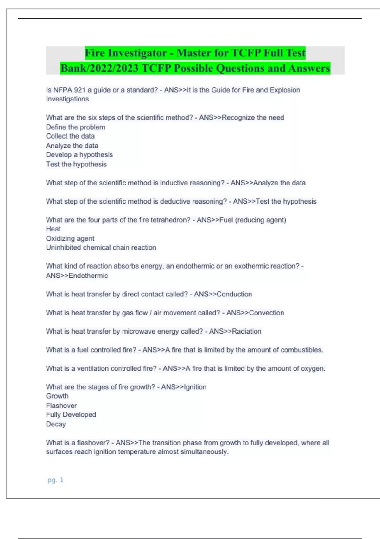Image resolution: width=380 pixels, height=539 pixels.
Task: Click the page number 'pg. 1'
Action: pos(55,480)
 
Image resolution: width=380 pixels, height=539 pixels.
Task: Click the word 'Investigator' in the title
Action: pos(137,53)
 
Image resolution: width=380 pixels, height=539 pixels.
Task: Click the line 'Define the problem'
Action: pos(75,127)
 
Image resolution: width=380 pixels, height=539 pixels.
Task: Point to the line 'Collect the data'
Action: pos(70,136)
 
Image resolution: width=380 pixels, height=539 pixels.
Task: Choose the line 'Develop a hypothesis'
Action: pos(79,155)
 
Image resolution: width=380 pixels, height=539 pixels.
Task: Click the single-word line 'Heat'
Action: pos(53,229)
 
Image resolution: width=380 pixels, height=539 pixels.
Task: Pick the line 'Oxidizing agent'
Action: pos(70,238)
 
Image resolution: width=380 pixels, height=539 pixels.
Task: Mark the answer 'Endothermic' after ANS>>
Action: pos(88,276)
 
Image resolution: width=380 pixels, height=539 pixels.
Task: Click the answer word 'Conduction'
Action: pos(234,294)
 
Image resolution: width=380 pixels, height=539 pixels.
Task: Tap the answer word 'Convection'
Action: pos(267,313)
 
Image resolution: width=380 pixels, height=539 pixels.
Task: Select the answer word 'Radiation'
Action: pos(247,331)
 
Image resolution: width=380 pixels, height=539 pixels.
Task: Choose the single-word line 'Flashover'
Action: pos(61,406)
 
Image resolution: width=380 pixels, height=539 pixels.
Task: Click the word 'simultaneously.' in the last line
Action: pos(204,452)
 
